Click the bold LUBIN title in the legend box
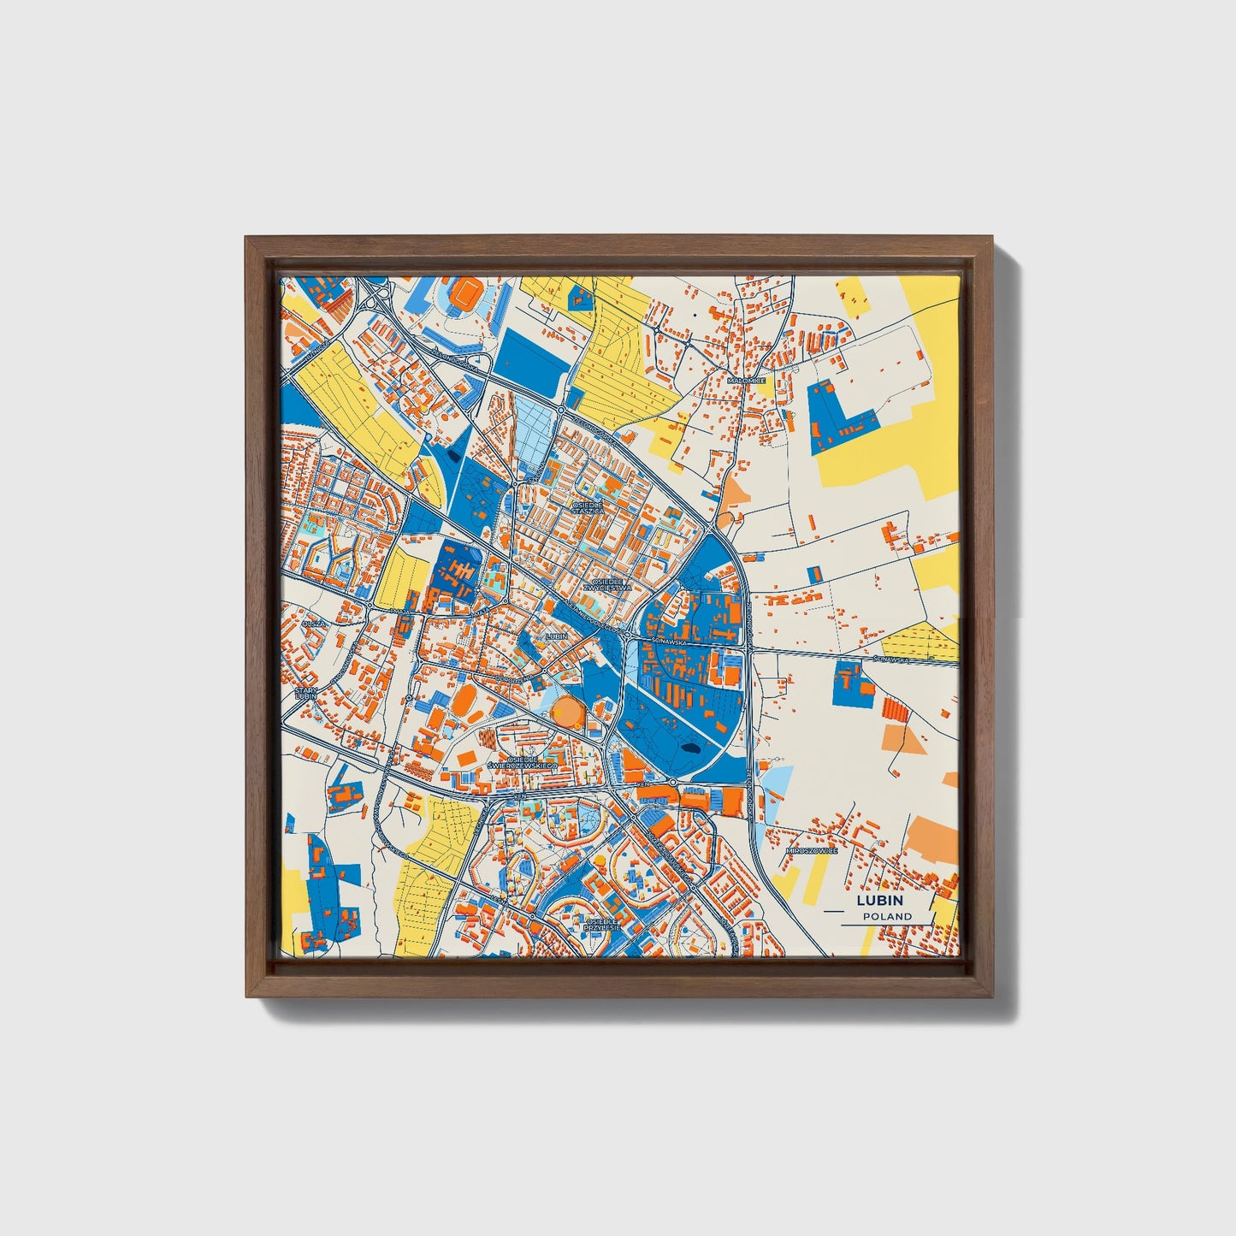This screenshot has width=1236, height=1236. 878,901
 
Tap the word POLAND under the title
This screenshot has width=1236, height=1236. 887,916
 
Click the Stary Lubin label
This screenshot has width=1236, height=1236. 305,693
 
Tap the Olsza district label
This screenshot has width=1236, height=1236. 313,623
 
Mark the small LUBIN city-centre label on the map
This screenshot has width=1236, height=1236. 556,636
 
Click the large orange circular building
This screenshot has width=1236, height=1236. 566,710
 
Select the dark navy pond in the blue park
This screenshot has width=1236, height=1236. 688,750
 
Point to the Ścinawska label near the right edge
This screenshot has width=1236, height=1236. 894,659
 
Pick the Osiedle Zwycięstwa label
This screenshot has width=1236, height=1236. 606,584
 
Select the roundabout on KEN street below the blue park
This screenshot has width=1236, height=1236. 674,782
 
